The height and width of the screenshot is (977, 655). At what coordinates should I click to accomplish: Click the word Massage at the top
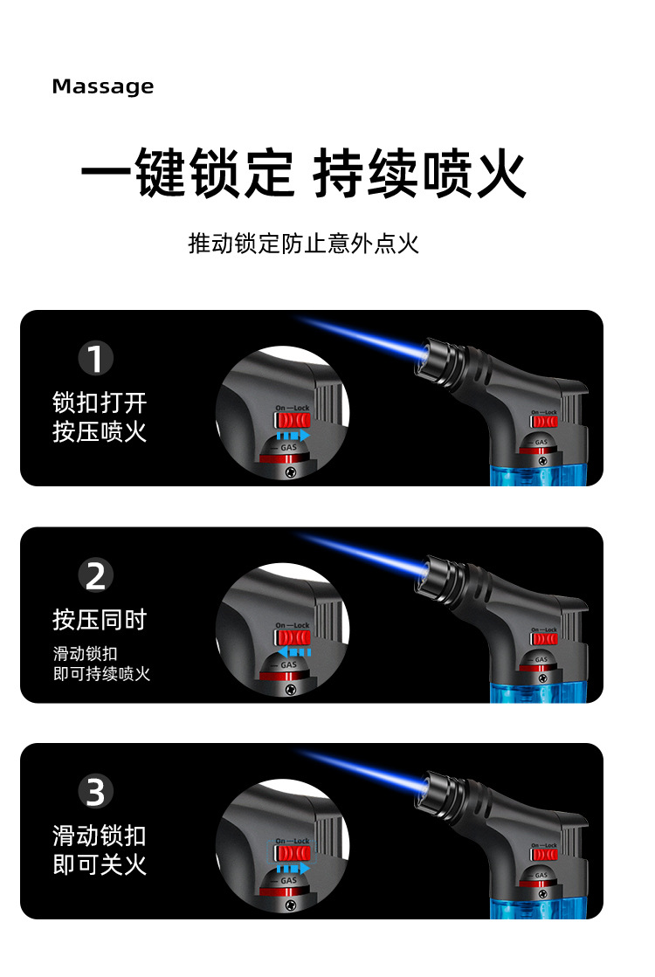tap(102, 86)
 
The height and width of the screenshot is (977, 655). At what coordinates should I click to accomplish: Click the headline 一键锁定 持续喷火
tap(303, 174)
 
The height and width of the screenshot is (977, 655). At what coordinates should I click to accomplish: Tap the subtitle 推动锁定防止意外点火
tap(303, 243)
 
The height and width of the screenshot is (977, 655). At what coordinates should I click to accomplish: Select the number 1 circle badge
tap(96, 359)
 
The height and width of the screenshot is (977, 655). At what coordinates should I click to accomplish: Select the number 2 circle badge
tap(96, 576)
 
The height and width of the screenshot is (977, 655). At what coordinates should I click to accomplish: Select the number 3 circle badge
tap(96, 793)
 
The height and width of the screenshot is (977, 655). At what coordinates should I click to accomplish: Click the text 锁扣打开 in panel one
tap(100, 403)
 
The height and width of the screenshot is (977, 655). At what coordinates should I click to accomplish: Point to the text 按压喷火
tap(100, 432)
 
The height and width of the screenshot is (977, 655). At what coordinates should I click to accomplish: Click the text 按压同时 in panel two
tap(100, 621)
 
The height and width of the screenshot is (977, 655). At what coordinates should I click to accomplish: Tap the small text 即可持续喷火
tap(101, 674)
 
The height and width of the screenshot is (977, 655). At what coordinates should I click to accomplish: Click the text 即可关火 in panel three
tap(100, 865)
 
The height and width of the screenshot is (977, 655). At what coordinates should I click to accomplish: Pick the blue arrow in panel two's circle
tap(293, 651)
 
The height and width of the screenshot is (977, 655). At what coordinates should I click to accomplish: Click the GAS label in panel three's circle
tap(288, 880)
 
